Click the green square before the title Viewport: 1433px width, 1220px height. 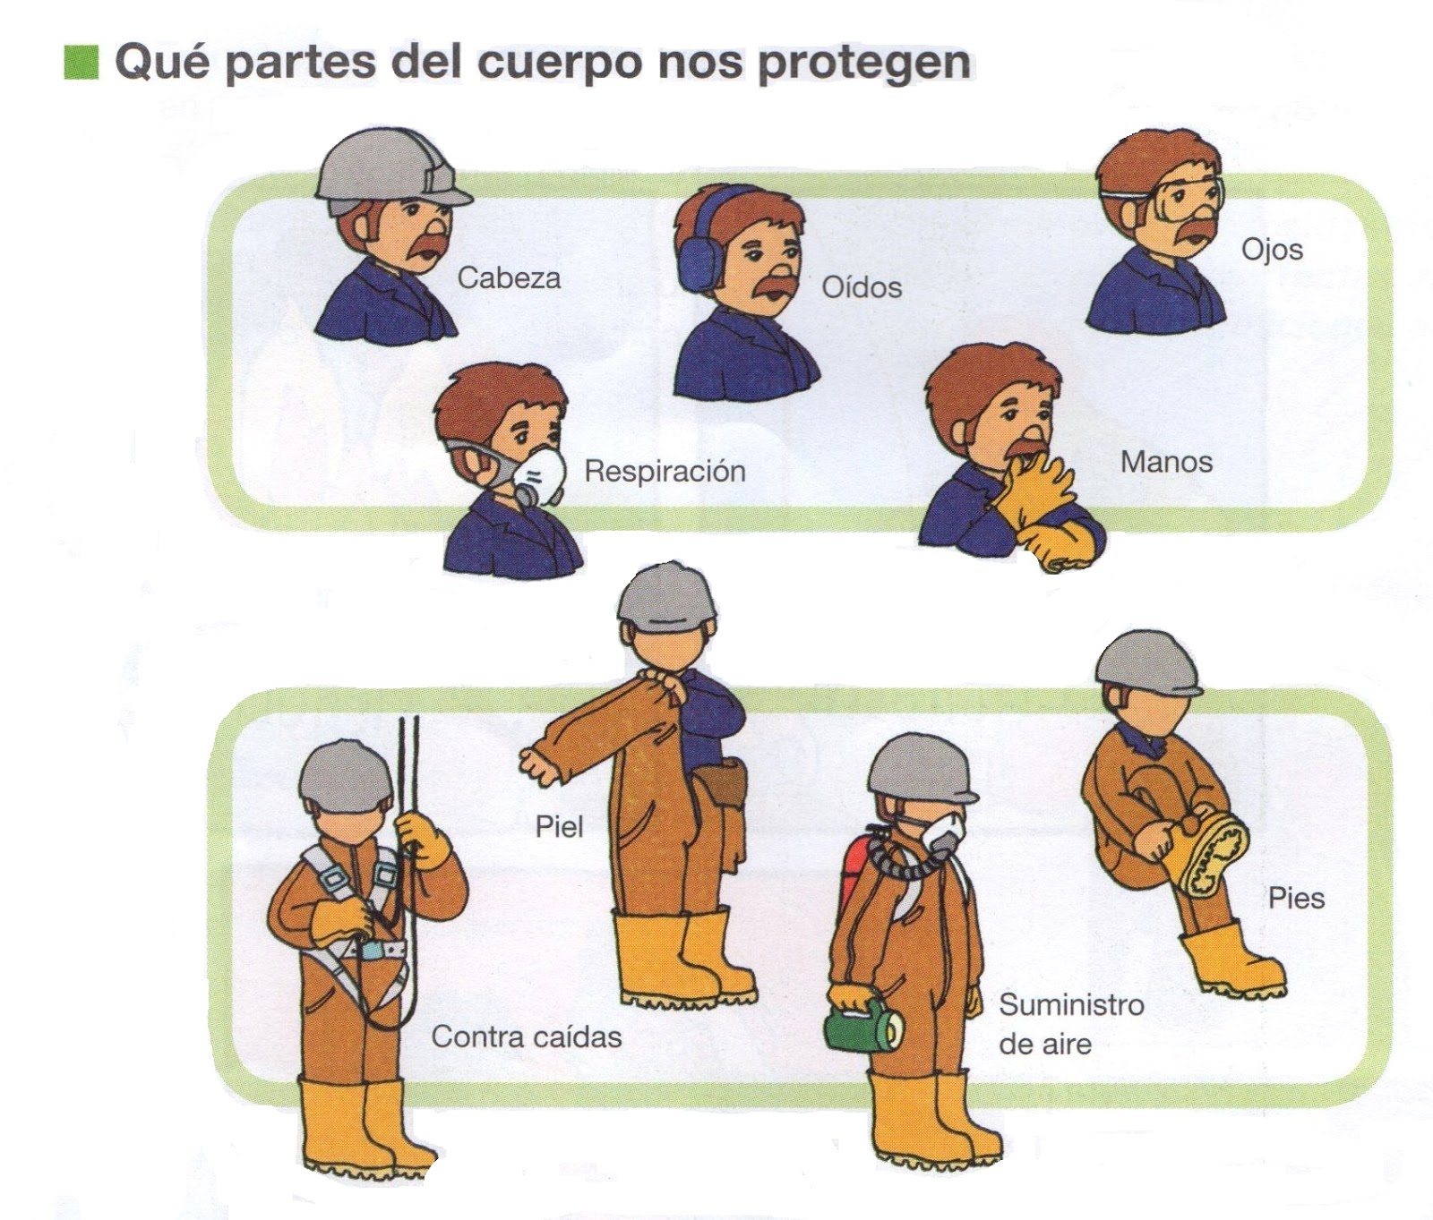click(81, 63)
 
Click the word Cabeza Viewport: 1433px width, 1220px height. click(509, 277)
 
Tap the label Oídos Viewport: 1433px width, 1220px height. click(862, 287)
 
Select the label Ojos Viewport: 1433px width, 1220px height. click(1272, 250)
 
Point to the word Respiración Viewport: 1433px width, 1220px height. click(665, 471)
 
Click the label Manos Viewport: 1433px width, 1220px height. click(1166, 462)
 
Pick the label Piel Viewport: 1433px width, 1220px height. click(559, 826)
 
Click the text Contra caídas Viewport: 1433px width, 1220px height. click(526, 1037)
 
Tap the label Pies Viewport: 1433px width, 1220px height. click(1296, 898)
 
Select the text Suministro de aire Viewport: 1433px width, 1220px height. click(1070, 1024)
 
